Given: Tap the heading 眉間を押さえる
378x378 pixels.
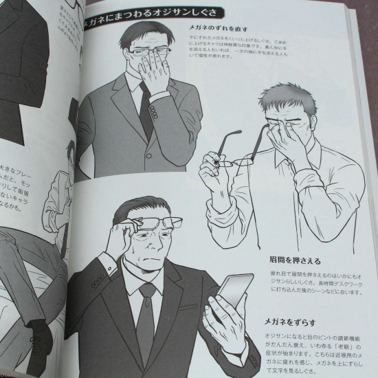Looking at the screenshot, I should [x=291, y=261].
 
